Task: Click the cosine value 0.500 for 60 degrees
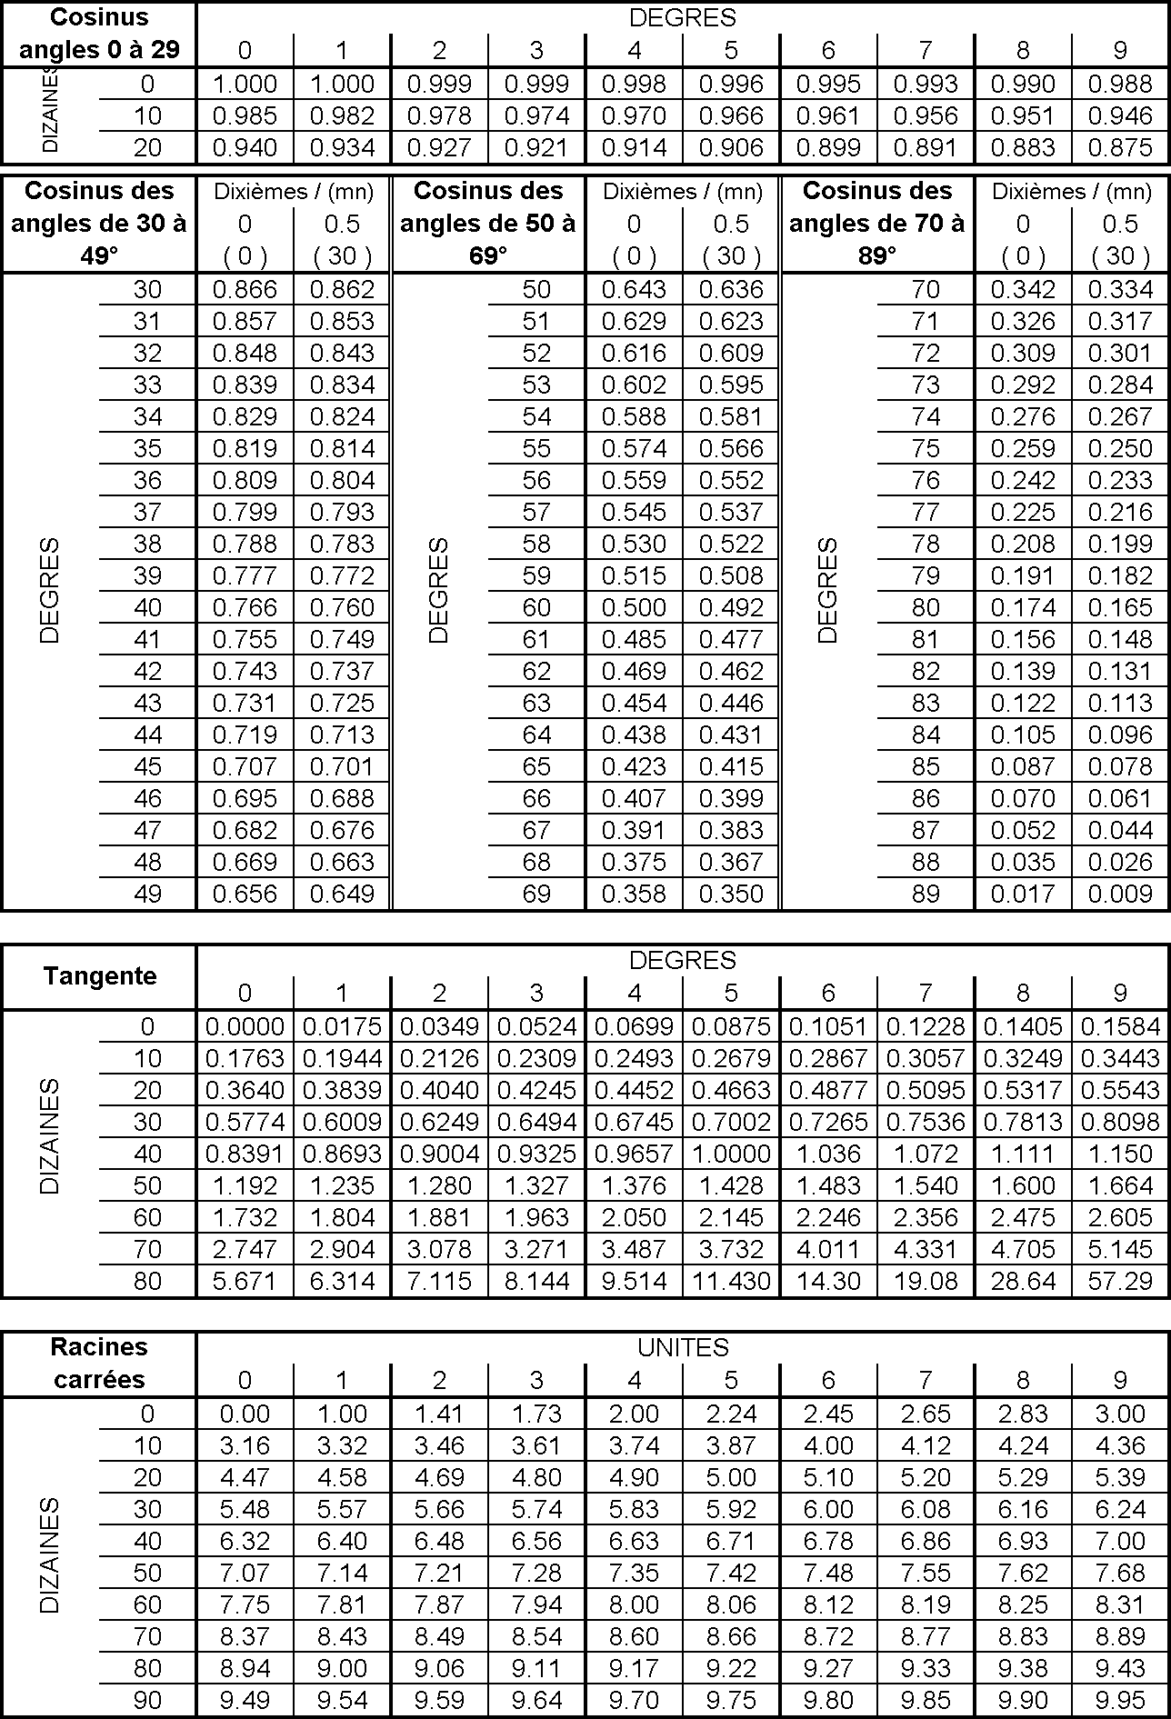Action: pos(634,607)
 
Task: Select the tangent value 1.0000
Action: pos(731,1154)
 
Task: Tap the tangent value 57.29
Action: pos(1120,1281)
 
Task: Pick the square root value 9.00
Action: pos(342,1668)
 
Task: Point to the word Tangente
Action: pos(100,976)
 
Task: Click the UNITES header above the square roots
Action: pos(683,1347)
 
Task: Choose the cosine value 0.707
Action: pos(245,766)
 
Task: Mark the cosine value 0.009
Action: pos(1120,894)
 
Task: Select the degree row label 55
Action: pos(536,448)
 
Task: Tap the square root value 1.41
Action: pos(439,1414)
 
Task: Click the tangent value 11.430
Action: pos(731,1281)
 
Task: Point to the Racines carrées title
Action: pos(99,1363)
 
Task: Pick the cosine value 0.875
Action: pos(1120,147)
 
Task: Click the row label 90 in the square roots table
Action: pos(147,1700)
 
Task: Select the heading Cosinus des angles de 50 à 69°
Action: pos(488,223)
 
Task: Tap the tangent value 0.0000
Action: pos(245,1026)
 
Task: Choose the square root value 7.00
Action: pos(1120,1541)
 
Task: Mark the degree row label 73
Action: pos(926,385)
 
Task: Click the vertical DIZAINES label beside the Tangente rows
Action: pos(49,1136)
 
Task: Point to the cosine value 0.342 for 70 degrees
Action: pos(1023,289)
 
